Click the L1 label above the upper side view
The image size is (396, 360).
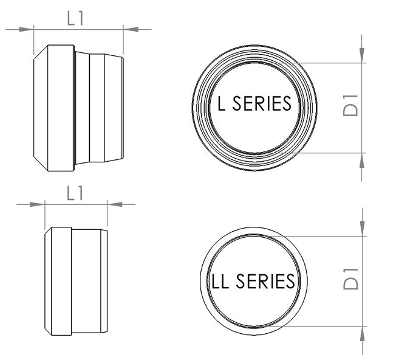[75, 18]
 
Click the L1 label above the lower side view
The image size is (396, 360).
[75, 193]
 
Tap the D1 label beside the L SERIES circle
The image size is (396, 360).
[350, 105]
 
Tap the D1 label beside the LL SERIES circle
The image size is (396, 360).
[350, 279]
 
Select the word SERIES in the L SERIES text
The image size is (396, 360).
[262, 103]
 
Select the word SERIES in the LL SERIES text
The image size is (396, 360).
[265, 281]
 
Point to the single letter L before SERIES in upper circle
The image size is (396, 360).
[221, 103]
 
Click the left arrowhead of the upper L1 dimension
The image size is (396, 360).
[26, 29]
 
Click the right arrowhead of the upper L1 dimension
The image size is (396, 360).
[131, 29]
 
